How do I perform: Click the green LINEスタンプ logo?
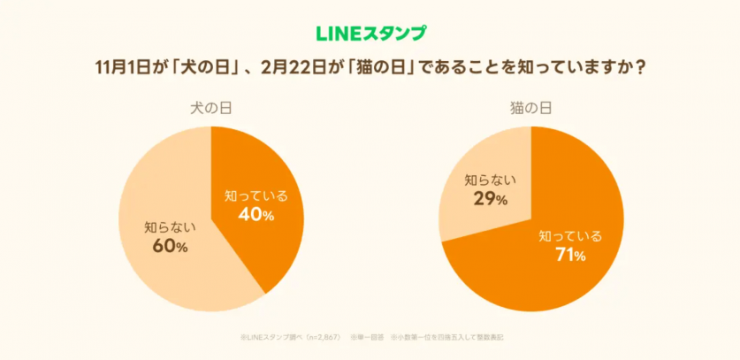pyautogui.click(x=370, y=34)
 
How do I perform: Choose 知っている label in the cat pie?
pyautogui.click(x=570, y=236)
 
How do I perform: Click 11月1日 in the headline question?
pyautogui.click(x=126, y=68)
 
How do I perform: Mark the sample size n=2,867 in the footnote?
pyautogui.click(x=321, y=337)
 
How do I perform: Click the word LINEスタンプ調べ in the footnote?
pyautogui.click(x=272, y=337)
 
